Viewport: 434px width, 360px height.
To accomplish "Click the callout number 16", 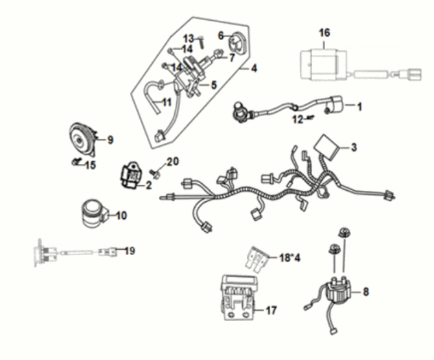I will point(325,32).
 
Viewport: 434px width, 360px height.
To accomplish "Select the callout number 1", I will point(361,105).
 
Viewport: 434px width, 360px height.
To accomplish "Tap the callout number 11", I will point(166,102).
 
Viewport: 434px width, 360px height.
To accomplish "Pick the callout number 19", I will point(130,251).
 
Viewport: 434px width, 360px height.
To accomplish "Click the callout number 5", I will point(213,84).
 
